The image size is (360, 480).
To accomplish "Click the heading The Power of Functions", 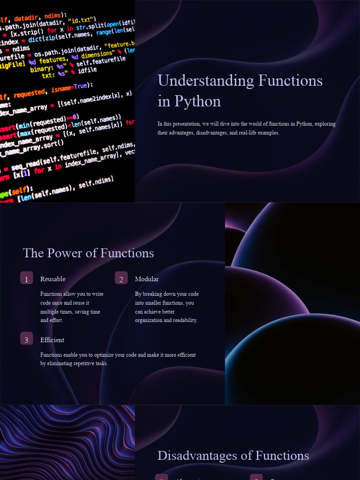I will (x=88, y=253).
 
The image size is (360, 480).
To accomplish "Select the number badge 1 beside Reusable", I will (x=26, y=278).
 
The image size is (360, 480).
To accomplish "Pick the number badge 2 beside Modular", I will (x=121, y=278).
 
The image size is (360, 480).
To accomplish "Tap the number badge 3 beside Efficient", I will (x=26, y=339).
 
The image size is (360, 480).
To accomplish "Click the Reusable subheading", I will (x=52, y=279).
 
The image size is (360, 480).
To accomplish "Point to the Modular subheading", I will (x=147, y=279).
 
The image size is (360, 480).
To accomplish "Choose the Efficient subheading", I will (x=52, y=340).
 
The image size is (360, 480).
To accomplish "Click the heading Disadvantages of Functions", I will (x=233, y=456).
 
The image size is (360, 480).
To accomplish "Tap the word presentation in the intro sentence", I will (x=186, y=124).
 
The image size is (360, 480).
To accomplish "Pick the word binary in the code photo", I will (x=41, y=70).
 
